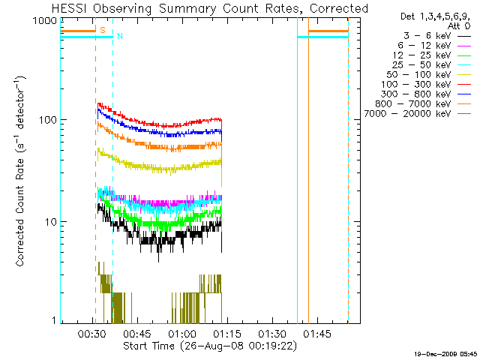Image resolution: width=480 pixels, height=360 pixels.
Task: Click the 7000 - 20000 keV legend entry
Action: click(409, 113)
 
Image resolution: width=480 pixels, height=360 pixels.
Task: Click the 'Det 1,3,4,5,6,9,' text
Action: click(432, 16)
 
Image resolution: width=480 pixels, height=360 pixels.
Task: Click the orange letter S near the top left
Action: click(102, 30)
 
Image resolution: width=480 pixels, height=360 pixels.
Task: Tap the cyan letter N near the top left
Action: click(119, 37)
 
